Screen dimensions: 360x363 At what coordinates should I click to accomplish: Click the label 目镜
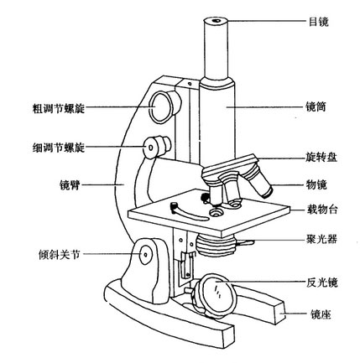coord(319,22)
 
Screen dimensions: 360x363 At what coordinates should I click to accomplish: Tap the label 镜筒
coord(316,106)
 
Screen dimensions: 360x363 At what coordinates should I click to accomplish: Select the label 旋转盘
coord(321,158)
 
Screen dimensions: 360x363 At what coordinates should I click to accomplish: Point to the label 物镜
coord(316,184)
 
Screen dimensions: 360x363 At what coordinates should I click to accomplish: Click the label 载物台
coord(322,209)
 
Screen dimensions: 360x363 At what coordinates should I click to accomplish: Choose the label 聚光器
coord(321,240)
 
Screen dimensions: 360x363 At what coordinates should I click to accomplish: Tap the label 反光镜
coord(322,283)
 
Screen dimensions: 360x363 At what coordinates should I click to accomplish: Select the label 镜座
coord(321,314)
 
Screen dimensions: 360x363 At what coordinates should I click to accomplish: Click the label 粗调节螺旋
coord(59,108)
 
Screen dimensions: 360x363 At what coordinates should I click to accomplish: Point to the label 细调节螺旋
coord(59,148)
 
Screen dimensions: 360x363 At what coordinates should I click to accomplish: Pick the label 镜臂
coord(70,185)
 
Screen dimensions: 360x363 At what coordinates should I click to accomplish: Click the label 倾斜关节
coord(60,255)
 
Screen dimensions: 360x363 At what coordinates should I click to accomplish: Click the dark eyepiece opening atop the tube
coord(216,21)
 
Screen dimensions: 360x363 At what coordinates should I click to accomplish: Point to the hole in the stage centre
coord(216,213)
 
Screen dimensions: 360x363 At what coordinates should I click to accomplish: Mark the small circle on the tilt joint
coord(146,254)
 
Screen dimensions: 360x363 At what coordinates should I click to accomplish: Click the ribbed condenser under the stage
coord(216,246)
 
